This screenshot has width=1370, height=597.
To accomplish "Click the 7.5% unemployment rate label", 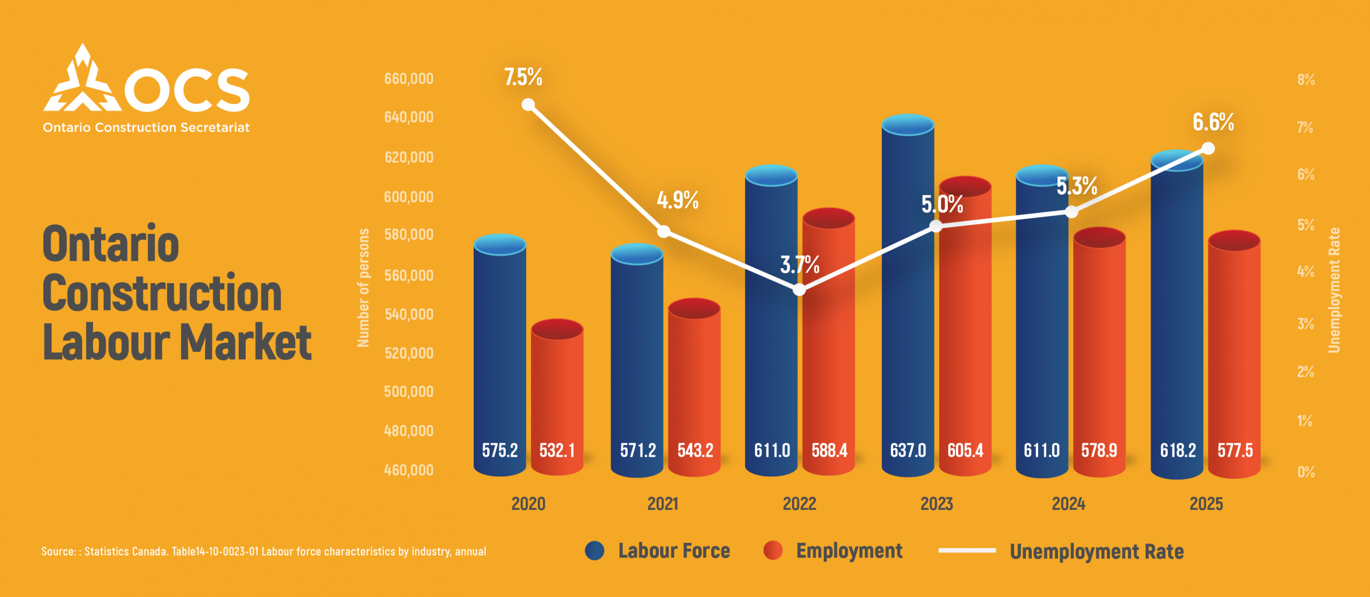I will tap(523, 77).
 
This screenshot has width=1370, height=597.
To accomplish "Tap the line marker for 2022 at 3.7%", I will tap(799, 290).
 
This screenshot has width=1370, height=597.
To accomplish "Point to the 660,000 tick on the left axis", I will tap(409, 79).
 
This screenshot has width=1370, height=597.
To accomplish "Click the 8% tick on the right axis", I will tap(1306, 80).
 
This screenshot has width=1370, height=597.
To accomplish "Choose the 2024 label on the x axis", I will tap(1068, 504).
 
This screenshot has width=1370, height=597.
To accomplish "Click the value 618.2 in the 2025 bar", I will tap(1177, 450).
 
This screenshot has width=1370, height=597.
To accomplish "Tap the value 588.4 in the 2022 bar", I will tap(829, 450).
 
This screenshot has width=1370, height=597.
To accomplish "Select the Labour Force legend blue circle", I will tap(595, 550).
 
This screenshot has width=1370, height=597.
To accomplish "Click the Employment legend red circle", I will tap(773, 550).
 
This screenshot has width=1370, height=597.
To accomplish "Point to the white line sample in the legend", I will tap(966, 550).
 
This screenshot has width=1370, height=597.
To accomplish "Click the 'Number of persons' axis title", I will tap(363, 288).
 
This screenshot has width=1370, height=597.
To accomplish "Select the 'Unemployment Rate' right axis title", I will tap(1334, 290).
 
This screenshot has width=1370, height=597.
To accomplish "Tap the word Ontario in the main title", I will tap(111, 244).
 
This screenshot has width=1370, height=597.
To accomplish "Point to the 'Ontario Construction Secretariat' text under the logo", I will tap(146, 127).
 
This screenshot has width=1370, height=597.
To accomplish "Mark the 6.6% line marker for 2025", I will tap(1208, 148).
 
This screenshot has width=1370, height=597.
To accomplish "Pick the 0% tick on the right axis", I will tap(1306, 472).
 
